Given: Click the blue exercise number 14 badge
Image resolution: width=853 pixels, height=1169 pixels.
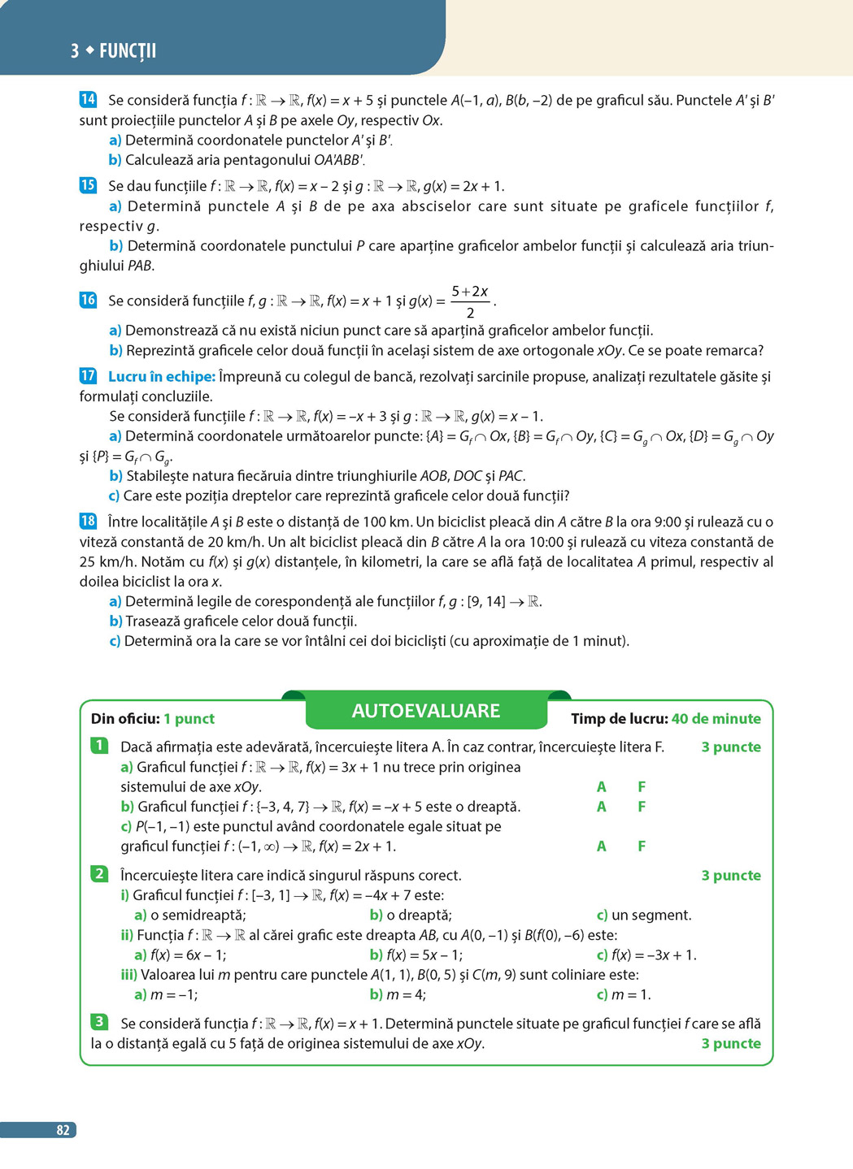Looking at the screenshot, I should [x=88, y=100].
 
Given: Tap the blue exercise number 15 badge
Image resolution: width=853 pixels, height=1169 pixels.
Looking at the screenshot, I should [x=88, y=185].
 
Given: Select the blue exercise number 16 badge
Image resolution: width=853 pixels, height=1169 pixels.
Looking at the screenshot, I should [x=88, y=300].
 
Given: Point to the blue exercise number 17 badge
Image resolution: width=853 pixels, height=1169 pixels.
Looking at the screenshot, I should [x=88, y=376].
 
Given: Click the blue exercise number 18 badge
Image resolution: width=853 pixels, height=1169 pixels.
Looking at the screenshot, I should [x=88, y=522].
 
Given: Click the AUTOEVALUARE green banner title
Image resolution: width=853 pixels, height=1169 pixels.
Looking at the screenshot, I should [x=425, y=711].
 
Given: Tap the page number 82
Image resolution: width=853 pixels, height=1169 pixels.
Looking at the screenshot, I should [x=63, y=1130].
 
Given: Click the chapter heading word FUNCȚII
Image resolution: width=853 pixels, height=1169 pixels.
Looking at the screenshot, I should [x=128, y=51].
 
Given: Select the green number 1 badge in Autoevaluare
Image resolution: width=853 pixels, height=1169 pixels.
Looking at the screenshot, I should [x=99, y=746].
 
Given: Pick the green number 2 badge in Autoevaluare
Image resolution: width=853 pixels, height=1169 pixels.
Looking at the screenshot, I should [x=99, y=874].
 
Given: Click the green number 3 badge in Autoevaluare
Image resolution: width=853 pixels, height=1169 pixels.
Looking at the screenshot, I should [x=99, y=1022].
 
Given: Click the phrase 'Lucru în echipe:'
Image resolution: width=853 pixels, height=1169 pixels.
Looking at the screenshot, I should [x=162, y=377].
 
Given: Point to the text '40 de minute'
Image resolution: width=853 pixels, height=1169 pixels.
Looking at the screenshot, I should [x=716, y=719].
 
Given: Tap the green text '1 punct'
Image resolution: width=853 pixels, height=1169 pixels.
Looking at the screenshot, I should [x=189, y=719].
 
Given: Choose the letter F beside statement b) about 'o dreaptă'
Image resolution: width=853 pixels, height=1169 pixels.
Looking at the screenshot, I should [x=642, y=807].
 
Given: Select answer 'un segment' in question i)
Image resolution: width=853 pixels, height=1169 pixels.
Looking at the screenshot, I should [x=651, y=916].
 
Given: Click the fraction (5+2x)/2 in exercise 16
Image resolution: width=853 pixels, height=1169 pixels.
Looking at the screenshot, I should [x=470, y=301].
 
